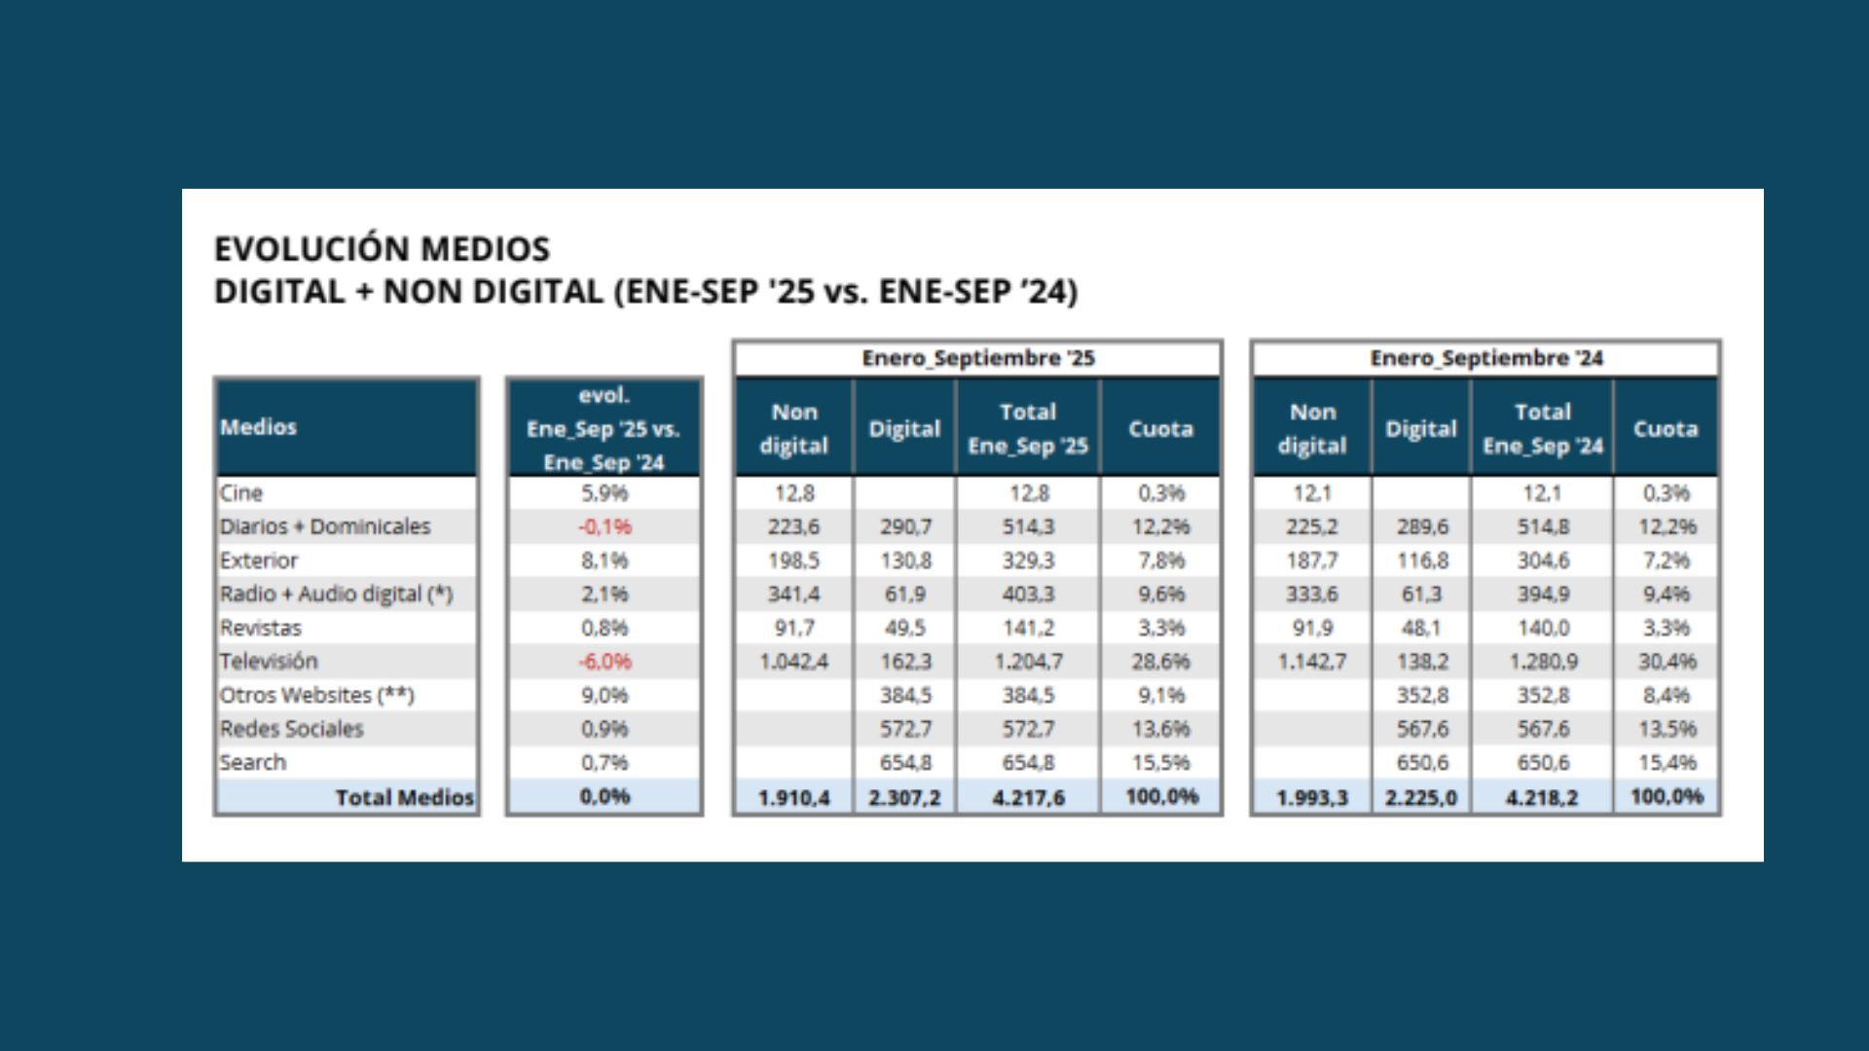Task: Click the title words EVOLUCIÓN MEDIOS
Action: [382, 249]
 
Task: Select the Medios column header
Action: [258, 427]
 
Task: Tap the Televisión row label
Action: [269, 662]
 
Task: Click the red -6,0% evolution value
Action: [605, 662]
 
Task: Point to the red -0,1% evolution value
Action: [605, 526]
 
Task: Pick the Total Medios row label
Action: [404, 798]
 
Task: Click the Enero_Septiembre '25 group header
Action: [978, 358]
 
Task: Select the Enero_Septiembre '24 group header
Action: [1486, 358]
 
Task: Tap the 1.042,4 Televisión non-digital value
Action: [794, 662]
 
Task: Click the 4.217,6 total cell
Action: [1028, 798]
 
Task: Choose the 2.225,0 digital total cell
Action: [1421, 798]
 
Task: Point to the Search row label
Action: [253, 763]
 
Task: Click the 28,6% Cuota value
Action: [1160, 662]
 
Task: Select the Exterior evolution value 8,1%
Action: [605, 561]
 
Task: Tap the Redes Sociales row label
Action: [291, 729]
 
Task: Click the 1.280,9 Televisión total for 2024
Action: [1543, 662]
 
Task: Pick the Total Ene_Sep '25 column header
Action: [1028, 428]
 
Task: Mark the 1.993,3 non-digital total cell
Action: [1312, 798]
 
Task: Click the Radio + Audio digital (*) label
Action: [336, 595]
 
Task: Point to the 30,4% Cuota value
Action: [1667, 662]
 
